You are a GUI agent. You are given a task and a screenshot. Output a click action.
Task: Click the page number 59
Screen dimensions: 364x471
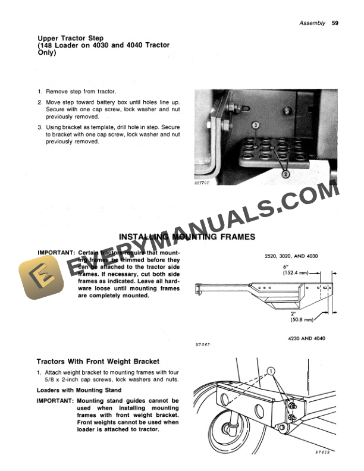335,23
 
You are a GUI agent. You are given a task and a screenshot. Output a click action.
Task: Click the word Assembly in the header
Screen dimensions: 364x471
312,23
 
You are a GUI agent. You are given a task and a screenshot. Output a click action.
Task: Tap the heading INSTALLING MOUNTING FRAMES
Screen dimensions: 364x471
187,237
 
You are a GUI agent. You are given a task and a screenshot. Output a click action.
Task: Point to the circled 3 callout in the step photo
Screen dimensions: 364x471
256,126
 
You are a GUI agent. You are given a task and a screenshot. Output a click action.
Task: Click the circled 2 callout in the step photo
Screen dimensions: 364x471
285,174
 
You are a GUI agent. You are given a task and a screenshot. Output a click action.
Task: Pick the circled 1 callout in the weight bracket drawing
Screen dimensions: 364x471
272,370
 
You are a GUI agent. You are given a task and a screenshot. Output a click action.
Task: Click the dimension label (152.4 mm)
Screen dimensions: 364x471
296,274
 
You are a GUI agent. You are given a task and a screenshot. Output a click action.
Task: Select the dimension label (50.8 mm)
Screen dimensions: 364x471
302,319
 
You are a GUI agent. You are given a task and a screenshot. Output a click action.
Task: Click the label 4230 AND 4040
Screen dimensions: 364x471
306,339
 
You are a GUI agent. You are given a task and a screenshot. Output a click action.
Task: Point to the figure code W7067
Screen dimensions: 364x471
203,344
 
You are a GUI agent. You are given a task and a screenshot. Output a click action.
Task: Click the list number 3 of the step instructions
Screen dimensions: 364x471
39,127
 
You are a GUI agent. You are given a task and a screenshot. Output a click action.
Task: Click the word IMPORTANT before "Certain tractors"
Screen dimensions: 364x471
55,252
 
